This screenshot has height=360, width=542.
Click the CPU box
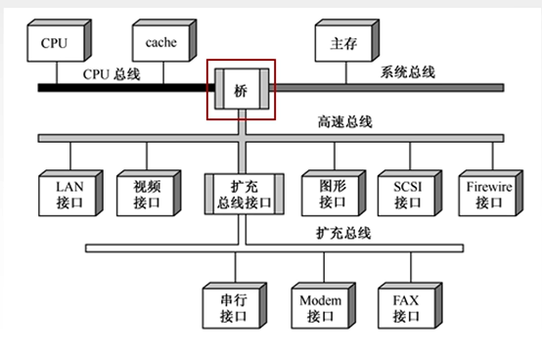(57, 43)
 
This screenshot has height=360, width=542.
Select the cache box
(160, 43)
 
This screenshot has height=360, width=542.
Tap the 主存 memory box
(339, 43)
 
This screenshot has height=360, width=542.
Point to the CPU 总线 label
(111, 72)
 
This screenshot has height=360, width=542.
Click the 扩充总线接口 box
(244, 193)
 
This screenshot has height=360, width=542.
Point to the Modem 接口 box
(319, 307)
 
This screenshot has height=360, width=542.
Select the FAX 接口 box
(404, 307)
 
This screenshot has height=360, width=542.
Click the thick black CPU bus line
(117, 87)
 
